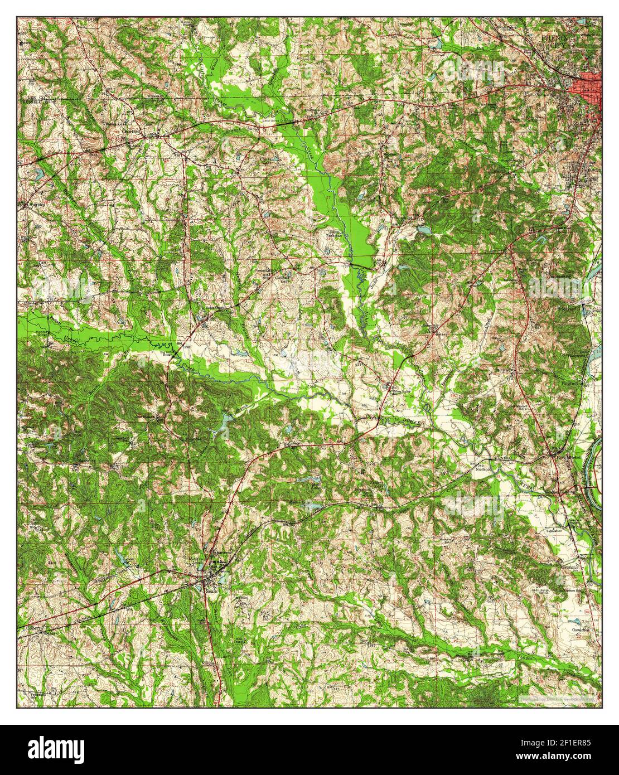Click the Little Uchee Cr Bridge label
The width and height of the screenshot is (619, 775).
click(277, 120)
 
